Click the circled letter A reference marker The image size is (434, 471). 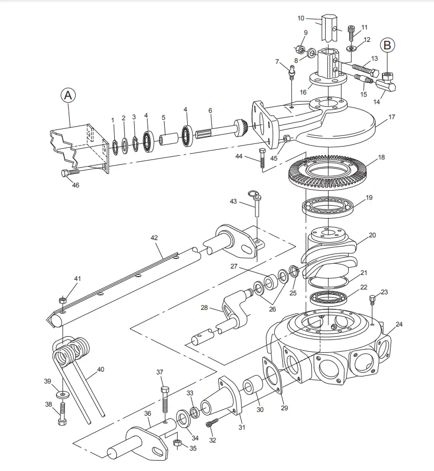coord(68,96)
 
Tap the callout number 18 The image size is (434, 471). coord(381,157)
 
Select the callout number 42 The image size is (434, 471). coord(154,237)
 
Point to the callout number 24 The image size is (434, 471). coord(399,324)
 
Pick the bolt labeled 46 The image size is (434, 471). coord(70,172)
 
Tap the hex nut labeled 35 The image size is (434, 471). coord(178,443)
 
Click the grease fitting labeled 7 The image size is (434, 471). coord(292,70)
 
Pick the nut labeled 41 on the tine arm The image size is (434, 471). coord(63,300)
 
